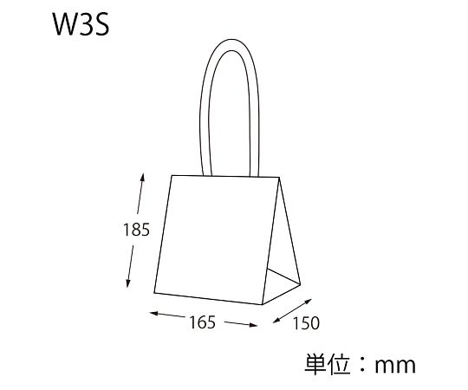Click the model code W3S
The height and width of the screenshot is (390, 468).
point(81,24)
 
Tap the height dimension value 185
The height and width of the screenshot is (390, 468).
point(136,230)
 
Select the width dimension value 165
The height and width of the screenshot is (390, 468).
point(202,322)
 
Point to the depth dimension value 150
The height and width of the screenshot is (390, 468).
point(306,323)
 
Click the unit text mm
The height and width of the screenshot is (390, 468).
point(395,365)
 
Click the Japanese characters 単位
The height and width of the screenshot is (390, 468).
point(327,364)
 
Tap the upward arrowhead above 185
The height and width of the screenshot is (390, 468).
point(142,178)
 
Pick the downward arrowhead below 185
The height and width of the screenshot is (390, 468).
point(128,283)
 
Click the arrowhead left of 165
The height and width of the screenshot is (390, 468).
point(154,314)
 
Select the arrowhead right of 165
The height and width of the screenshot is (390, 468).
point(253,325)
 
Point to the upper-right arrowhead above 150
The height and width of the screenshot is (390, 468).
point(308,302)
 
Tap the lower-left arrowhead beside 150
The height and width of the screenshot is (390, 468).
point(277,320)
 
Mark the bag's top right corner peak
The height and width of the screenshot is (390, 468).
point(279,178)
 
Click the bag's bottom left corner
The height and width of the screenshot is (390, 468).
point(154,293)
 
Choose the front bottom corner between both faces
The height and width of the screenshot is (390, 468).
point(262,304)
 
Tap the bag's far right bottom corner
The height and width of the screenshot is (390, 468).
point(300,283)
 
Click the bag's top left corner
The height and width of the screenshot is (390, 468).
point(172,176)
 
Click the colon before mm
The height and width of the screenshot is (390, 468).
point(362,365)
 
